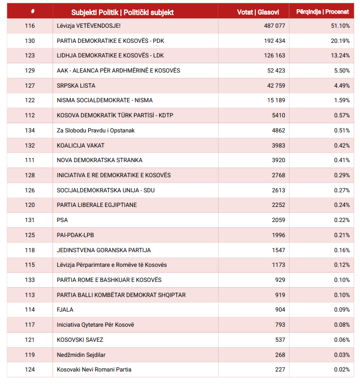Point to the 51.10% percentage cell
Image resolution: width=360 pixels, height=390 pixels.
click(340, 26)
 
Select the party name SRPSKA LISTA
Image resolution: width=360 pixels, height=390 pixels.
click(76, 86)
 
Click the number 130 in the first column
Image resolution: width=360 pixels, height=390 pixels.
click(30, 41)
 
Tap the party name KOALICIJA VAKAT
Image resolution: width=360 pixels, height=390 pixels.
click(80, 145)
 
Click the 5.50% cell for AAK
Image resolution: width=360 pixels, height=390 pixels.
click(341, 71)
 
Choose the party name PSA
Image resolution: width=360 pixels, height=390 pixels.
click(62, 220)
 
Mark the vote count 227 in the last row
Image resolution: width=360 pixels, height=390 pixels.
click(280, 370)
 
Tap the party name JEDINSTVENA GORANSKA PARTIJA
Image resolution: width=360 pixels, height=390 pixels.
click(104, 250)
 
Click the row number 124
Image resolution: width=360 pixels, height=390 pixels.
click(30, 370)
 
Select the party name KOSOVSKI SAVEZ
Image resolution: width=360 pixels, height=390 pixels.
click(80, 339)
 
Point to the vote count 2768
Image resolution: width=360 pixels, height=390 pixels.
click(278, 175)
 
